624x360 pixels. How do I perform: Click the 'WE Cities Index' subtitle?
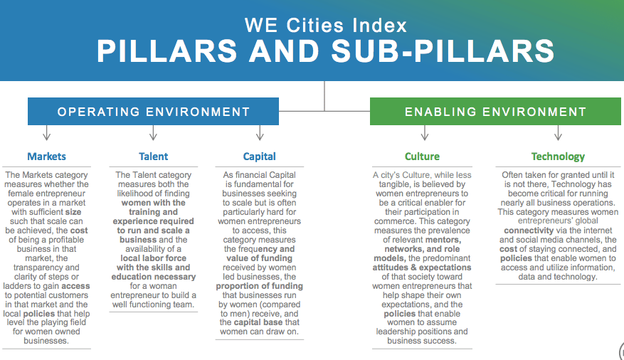pos(326,26)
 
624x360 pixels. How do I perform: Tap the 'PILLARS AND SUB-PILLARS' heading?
pos(326,51)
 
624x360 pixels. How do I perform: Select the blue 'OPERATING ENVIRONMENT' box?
pos(153,112)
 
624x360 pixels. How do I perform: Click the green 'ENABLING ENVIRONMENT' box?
pos(495,112)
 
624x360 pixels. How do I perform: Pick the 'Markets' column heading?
pos(46,157)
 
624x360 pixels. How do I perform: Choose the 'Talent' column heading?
pos(153,157)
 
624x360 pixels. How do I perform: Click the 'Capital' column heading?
pos(260,157)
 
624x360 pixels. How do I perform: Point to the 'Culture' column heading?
pos(422,157)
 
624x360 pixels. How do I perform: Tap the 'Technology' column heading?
pos(558,157)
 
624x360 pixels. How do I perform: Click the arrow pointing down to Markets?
pos(46,133)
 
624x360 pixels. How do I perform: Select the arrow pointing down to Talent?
pos(153,133)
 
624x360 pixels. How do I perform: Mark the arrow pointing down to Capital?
pos(260,133)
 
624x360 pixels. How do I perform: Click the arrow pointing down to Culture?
pos(425,133)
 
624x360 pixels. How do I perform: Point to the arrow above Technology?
pos(558,133)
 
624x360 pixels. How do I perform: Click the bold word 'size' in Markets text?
pos(73,212)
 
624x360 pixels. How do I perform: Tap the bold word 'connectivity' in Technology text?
pos(529,231)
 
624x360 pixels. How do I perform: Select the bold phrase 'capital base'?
pos(258,322)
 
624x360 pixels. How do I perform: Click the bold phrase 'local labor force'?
pos(153,258)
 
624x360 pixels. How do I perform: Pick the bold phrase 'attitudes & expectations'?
pos(422,268)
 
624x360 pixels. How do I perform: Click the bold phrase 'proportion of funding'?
pos(260,286)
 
